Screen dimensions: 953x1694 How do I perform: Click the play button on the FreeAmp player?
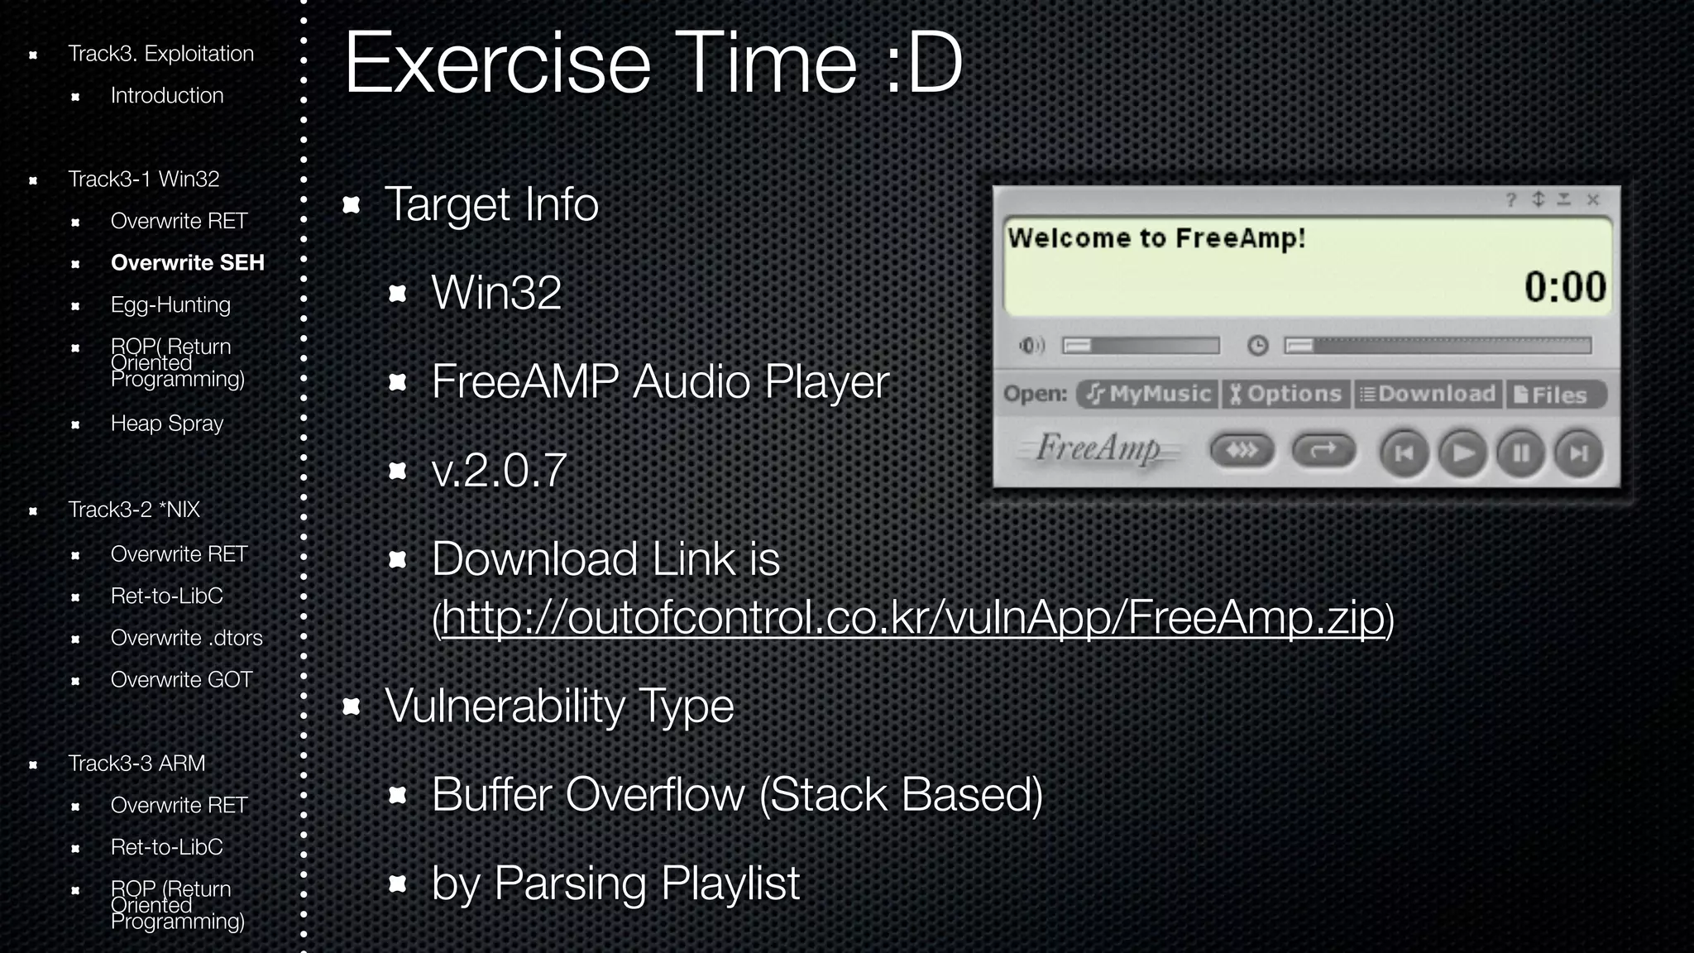coord(1462,453)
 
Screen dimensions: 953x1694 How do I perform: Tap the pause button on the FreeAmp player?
coord(1520,453)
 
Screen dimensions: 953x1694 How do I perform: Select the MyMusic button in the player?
coord(1148,394)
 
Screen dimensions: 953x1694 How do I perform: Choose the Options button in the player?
coord(1285,394)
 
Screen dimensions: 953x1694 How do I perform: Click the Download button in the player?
coord(1428,394)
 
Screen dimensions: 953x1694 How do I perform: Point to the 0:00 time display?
coord(1564,287)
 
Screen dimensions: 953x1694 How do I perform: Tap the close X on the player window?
coord(1592,199)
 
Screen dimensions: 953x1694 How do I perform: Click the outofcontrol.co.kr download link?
coord(913,617)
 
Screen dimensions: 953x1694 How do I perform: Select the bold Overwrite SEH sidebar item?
coord(187,262)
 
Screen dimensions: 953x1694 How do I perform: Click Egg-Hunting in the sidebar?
coord(170,304)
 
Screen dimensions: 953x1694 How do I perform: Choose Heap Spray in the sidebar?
coord(167,423)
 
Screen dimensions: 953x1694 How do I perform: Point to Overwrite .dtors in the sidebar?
coord(186,638)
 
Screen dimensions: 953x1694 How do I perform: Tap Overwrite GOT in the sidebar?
coord(181,679)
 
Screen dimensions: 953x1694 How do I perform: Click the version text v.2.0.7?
coord(499,470)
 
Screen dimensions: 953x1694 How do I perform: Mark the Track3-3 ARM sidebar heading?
coord(136,763)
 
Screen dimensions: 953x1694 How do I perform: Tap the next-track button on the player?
coord(1578,453)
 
